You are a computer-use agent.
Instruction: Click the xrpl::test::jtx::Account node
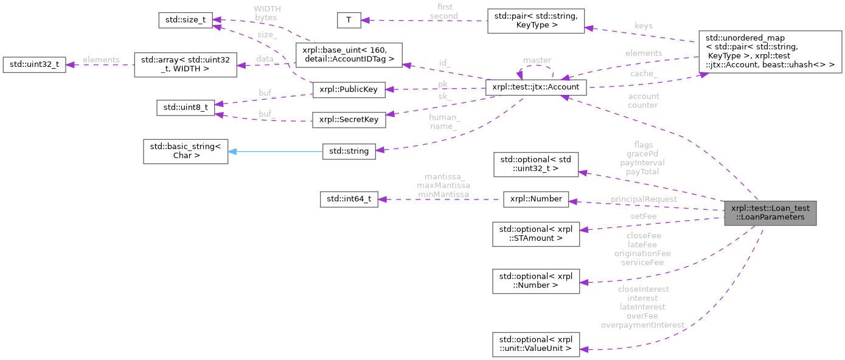[x=535, y=88]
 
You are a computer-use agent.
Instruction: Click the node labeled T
[x=349, y=20]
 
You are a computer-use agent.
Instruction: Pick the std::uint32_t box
[x=35, y=64]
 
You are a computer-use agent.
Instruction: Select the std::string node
[x=349, y=151]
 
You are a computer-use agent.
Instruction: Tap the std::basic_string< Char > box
[x=185, y=151]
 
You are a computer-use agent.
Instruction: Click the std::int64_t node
[x=349, y=199]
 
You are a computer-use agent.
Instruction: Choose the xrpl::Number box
[x=535, y=199]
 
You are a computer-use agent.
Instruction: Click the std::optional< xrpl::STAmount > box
[x=535, y=234]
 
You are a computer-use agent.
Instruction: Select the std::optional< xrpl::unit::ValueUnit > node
[x=535, y=344]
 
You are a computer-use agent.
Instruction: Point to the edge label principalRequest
[x=644, y=199]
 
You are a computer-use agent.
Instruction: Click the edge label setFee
[x=643, y=215]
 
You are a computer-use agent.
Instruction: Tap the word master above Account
[x=537, y=60]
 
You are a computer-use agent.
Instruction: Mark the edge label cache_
[x=643, y=73]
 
